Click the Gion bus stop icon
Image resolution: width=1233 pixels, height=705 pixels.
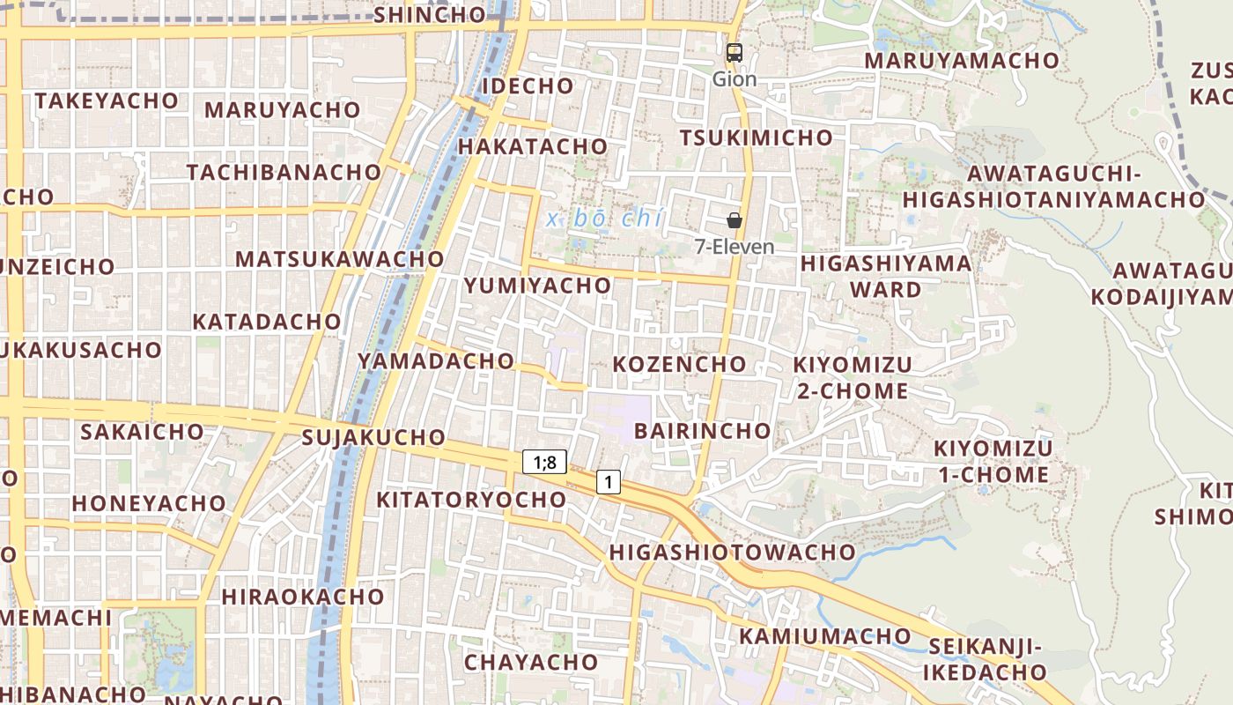click(734, 53)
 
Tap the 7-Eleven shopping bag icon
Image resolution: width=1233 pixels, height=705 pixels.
click(734, 220)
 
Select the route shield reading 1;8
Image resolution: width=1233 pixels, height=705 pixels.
click(544, 461)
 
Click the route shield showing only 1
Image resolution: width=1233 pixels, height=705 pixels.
click(608, 482)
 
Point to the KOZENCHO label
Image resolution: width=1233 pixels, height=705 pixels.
click(679, 364)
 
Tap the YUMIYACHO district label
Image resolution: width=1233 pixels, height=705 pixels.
click(537, 286)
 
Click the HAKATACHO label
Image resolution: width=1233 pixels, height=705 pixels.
click(533, 146)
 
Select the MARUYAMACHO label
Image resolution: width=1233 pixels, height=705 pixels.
click(961, 61)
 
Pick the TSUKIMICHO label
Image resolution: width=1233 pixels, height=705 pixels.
click(756, 137)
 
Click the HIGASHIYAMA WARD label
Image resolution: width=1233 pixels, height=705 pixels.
click(886, 276)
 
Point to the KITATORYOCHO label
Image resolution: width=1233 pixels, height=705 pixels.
click(471, 500)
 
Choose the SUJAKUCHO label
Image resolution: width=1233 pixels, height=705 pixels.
click(373, 437)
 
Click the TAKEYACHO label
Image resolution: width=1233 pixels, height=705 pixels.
click(107, 101)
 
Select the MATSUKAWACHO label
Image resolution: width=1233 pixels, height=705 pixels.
click(339, 259)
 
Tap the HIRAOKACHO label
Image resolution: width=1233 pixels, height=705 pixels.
click(303, 597)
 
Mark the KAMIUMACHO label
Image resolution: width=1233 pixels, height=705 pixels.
click(825, 635)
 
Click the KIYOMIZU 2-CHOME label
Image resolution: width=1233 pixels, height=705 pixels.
click(852, 377)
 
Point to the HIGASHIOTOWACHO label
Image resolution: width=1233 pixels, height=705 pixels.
click(732, 553)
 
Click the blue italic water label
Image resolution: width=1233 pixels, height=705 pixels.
click(604, 219)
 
